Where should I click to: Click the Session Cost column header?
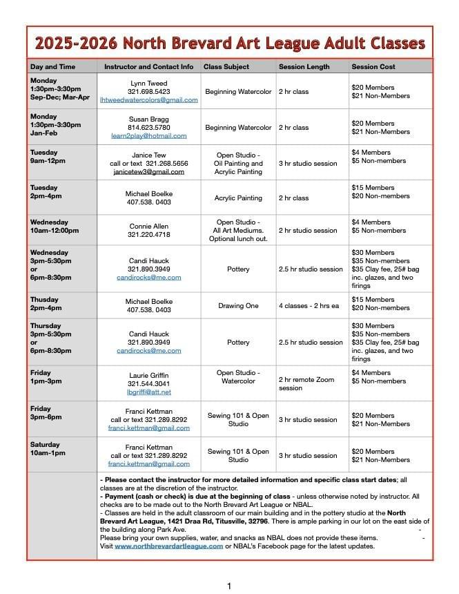[x=373, y=67]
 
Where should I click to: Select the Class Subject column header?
[x=226, y=67]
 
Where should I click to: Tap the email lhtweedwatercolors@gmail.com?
[x=148, y=99]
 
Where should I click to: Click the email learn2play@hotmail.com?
[x=148, y=136]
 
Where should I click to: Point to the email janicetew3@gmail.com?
[x=148, y=172]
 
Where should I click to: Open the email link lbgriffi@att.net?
[x=148, y=392]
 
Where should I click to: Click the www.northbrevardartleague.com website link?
[x=168, y=546]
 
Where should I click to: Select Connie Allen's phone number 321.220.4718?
[x=148, y=235]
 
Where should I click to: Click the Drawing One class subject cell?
[x=238, y=305]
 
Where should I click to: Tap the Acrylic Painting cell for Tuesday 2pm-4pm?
[x=238, y=198]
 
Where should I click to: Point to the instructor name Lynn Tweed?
[x=148, y=83]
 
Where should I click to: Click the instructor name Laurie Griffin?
[x=148, y=375]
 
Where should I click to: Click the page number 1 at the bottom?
[x=229, y=586]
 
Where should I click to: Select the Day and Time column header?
[x=52, y=67]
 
